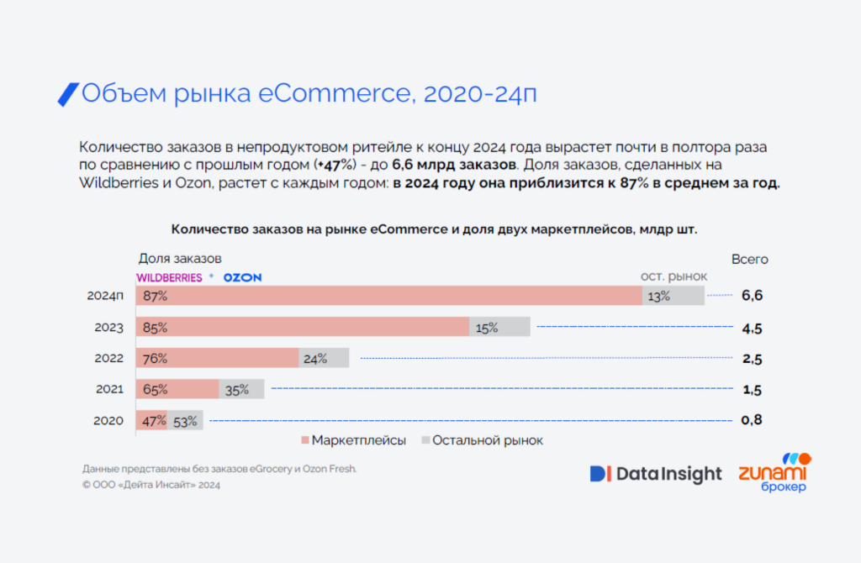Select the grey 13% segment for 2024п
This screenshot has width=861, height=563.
673,296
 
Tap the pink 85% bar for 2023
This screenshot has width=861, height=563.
303,327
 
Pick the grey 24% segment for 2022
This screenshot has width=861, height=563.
325,358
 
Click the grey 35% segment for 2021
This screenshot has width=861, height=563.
242,389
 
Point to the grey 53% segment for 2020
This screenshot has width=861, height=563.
186,421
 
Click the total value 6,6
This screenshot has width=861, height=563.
752,296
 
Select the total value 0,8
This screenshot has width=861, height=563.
752,420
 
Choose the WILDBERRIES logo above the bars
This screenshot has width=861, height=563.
169,277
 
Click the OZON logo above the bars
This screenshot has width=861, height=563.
242,277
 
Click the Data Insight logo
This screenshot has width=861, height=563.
656,474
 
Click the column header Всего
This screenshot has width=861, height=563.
749,260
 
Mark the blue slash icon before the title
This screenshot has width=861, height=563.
67,94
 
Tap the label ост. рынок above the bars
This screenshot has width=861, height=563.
673,276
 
